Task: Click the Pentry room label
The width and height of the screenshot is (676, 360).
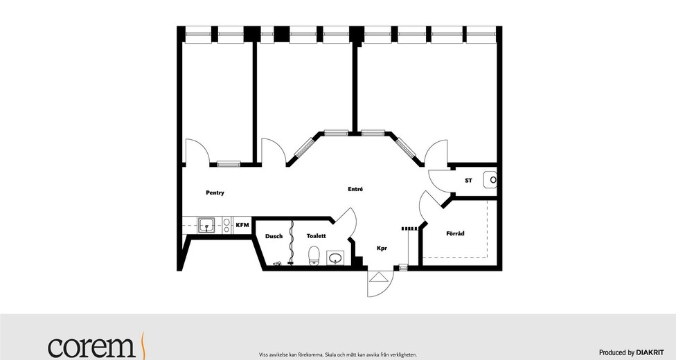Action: click(215, 192)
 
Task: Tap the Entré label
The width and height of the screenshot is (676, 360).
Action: click(355, 189)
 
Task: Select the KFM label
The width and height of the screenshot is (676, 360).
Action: click(242, 225)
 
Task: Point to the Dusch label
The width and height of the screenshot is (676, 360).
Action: click(274, 236)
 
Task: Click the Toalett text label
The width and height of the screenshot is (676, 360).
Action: click(316, 236)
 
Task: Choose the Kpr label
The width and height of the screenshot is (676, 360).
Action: click(382, 249)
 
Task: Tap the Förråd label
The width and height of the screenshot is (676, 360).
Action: click(455, 234)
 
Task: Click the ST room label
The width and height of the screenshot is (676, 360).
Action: click(468, 181)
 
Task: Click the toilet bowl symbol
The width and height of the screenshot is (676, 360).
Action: click(314, 255)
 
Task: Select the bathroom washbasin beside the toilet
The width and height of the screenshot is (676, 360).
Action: click(335, 258)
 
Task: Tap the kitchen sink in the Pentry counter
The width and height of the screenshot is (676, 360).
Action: click(207, 225)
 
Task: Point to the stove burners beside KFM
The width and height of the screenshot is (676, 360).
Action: click(226, 226)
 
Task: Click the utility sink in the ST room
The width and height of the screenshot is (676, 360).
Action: click(490, 180)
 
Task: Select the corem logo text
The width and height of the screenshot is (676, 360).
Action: click(92, 347)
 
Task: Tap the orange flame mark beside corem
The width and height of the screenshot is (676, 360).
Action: click(143, 345)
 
